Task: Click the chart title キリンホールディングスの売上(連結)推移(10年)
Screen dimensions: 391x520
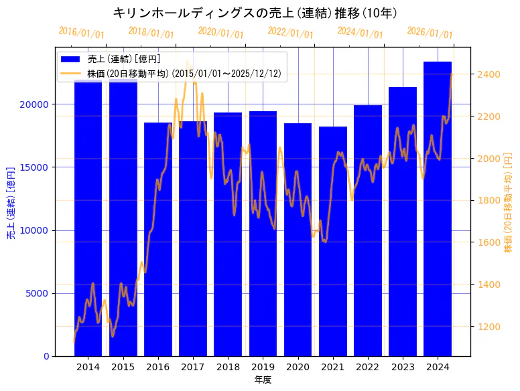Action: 255,13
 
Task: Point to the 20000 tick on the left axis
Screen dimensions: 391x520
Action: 37,104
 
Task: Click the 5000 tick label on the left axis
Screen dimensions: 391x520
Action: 40,293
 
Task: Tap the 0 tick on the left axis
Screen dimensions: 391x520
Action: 46,356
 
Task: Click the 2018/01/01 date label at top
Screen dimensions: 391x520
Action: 151,33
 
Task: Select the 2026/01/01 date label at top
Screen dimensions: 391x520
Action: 430,33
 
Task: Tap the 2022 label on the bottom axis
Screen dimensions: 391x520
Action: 368,367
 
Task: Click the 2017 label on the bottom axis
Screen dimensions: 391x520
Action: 193,367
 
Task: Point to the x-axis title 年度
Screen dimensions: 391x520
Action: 263,380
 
